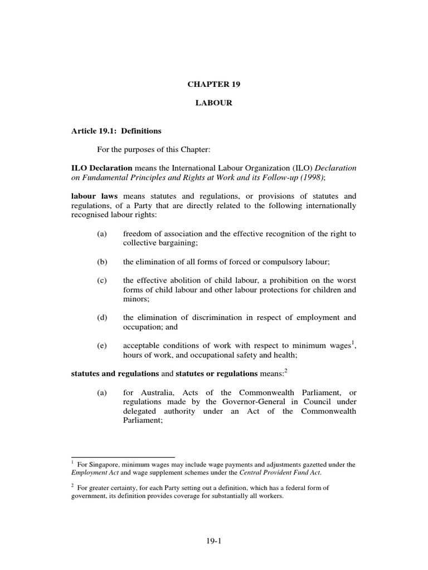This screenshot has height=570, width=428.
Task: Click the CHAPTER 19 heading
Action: click(213, 85)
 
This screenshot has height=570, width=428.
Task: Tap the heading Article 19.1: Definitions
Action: click(116, 131)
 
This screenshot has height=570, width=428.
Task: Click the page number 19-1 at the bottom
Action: click(213, 540)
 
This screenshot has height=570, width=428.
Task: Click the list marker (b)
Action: click(101, 261)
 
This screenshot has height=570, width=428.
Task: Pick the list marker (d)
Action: click(101, 317)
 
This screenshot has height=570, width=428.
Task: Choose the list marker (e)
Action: click(101, 346)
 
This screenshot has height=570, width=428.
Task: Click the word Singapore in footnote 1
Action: click(102, 464)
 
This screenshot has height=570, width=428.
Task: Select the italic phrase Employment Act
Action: click(93, 472)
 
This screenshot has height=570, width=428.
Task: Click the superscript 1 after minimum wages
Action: click(353, 343)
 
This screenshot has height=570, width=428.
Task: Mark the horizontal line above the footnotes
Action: click(123, 456)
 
